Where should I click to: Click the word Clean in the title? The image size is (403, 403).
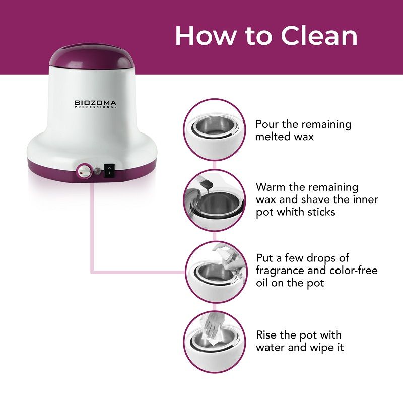319,36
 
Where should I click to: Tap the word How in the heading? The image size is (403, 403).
205,36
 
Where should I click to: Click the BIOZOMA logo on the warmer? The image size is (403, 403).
95,104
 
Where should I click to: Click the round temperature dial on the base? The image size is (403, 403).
84,171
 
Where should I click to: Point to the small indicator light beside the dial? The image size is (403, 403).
97,171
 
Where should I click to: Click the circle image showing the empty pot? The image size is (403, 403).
214,130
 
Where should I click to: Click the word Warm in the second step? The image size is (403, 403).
271,187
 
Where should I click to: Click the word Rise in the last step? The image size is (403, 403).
266,335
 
